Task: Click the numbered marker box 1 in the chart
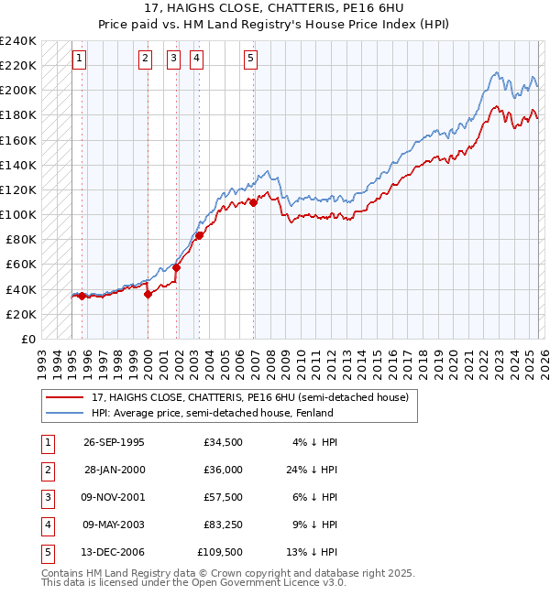(x=81, y=59)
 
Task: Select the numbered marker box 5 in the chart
(x=251, y=59)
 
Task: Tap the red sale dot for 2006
(x=253, y=202)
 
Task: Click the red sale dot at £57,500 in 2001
(x=176, y=267)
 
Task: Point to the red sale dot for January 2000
(x=148, y=294)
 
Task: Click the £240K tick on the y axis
(x=18, y=40)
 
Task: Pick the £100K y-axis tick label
(x=18, y=214)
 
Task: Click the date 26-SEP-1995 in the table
(x=114, y=442)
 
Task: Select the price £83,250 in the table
(x=222, y=525)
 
